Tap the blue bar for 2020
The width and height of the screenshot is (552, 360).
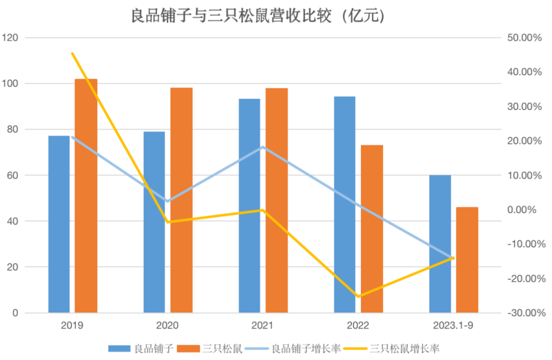coord(154,222)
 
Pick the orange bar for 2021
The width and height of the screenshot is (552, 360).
coord(277,200)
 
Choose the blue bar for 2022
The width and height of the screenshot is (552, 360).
coord(344,205)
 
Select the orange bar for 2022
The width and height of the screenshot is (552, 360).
coord(372,229)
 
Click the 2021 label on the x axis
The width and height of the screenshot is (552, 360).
coord(263,325)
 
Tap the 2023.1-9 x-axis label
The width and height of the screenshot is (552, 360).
coord(453,325)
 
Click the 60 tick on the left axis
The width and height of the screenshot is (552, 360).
coord(12,175)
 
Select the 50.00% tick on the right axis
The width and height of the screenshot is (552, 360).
coord(523,38)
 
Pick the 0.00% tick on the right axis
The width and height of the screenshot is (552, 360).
coord(525,210)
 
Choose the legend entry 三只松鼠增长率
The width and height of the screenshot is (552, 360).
coord(404,349)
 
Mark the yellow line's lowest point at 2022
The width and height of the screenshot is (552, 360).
coord(358,296)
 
